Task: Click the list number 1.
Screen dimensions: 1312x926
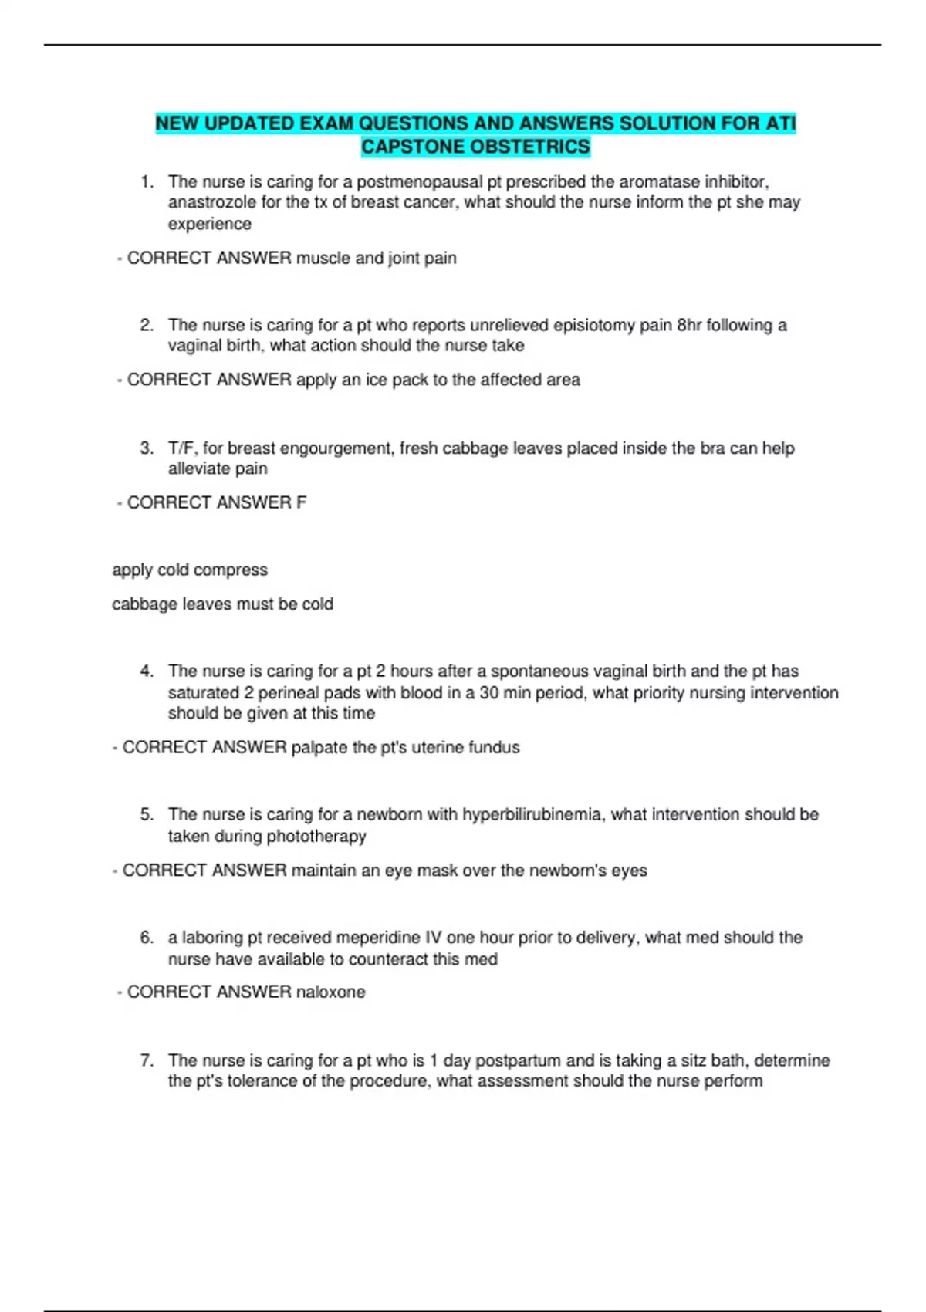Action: (x=147, y=182)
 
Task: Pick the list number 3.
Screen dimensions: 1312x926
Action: (x=147, y=448)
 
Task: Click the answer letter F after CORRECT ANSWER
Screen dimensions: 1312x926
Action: (x=301, y=502)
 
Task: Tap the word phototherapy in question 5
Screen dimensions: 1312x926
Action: (x=316, y=836)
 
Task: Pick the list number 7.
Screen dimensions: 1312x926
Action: (x=147, y=1060)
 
